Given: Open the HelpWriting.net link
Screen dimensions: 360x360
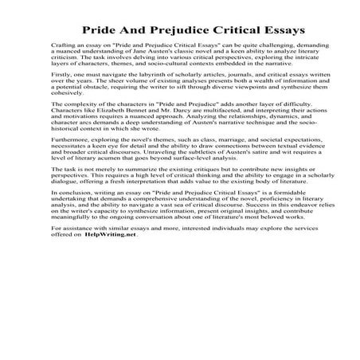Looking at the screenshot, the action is (x=111, y=278).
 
